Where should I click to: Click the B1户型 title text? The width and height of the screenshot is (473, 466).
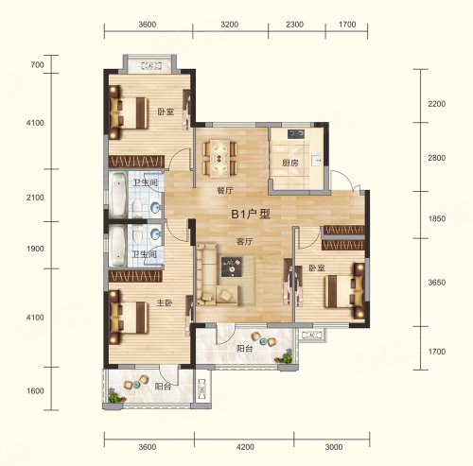pos(251,215)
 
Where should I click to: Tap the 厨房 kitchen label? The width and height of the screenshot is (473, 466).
pos(290,164)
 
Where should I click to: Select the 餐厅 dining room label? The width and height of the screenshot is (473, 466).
pos(225,191)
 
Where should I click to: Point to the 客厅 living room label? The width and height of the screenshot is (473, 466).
pos(245,242)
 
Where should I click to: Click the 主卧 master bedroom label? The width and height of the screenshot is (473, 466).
pos(165,303)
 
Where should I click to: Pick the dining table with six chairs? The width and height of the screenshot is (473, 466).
pos(219,158)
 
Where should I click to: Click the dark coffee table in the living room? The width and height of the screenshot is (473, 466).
pos(232,267)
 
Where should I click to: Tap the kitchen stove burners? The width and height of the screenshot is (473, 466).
pos(296,134)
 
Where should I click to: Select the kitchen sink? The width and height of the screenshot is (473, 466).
pos(316,160)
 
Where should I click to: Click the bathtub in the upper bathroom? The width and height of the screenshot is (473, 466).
pos(118,195)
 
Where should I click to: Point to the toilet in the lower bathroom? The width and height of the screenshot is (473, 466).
pos(138,233)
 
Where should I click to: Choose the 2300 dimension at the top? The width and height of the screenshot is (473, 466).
pos(294,25)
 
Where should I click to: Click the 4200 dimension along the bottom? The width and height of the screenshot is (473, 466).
pos(245,447)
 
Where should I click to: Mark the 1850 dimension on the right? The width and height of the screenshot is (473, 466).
pos(437,218)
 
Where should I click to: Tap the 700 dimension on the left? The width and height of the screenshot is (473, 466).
pos(37,65)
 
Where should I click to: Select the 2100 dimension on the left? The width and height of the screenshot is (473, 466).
pos(35,198)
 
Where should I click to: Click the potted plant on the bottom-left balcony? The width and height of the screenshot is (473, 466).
pos(116,396)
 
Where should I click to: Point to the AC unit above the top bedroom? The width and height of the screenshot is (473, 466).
pos(151,65)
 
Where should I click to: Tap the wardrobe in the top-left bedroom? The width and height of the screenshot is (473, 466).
pos(136,162)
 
